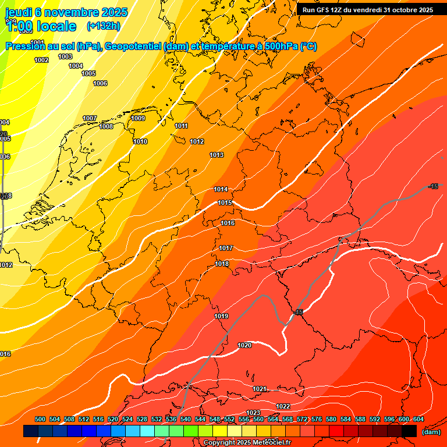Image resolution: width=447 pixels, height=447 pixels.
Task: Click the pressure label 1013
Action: coord(217,155)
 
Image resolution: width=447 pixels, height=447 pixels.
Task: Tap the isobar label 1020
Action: coord(244,345)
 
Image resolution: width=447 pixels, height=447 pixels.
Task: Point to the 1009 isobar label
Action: coord(138,118)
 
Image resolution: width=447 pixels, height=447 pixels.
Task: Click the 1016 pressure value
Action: coord(228,223)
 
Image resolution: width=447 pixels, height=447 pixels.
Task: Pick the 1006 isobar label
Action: coord(100,83)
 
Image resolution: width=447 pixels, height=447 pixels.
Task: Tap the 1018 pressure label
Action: coord(222,264)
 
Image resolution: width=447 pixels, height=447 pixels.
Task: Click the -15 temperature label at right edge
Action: coord(432,186)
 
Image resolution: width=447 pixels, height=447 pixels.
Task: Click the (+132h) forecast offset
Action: coord(103,26)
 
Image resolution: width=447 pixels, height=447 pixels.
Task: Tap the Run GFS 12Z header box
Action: coord(367,10)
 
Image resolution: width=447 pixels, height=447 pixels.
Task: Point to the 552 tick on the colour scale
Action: coord(229,419)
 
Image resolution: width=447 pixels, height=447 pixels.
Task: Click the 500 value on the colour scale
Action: coord(40,419)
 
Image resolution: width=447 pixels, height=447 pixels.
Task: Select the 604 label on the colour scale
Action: coord(418,419)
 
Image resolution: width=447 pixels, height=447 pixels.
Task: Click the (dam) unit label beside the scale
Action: coord(431,431)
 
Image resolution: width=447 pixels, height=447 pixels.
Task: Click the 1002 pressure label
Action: coord(41,60)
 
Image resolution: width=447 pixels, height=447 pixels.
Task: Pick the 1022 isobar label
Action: coord(283,406)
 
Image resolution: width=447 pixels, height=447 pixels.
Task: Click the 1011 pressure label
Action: coord(181,126)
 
